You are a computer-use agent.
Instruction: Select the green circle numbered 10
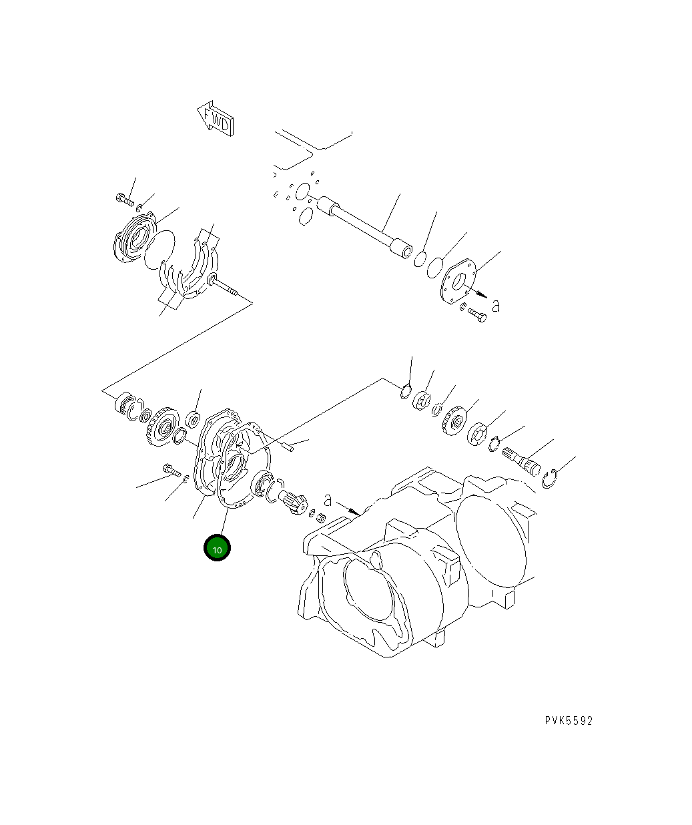pyautogui.click(x=217, y=549)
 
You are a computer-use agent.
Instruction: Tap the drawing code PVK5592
pyautogui.click(x=568, y=720)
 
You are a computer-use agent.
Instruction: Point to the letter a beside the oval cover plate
pyautogui.click(x=495, y=306)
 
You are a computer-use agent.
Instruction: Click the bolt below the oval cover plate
pyautogui.click(x=476, y=314)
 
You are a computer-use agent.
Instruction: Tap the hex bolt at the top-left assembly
pyautogui.click(x=124, y=198)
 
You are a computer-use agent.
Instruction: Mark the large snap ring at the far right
pyautogui.click(x=551, y=479)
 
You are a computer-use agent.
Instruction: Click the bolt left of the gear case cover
pyautogui.click(x=171, y=471)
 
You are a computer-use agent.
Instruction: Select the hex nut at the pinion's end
pyautogui.click(x=320, y=517)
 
